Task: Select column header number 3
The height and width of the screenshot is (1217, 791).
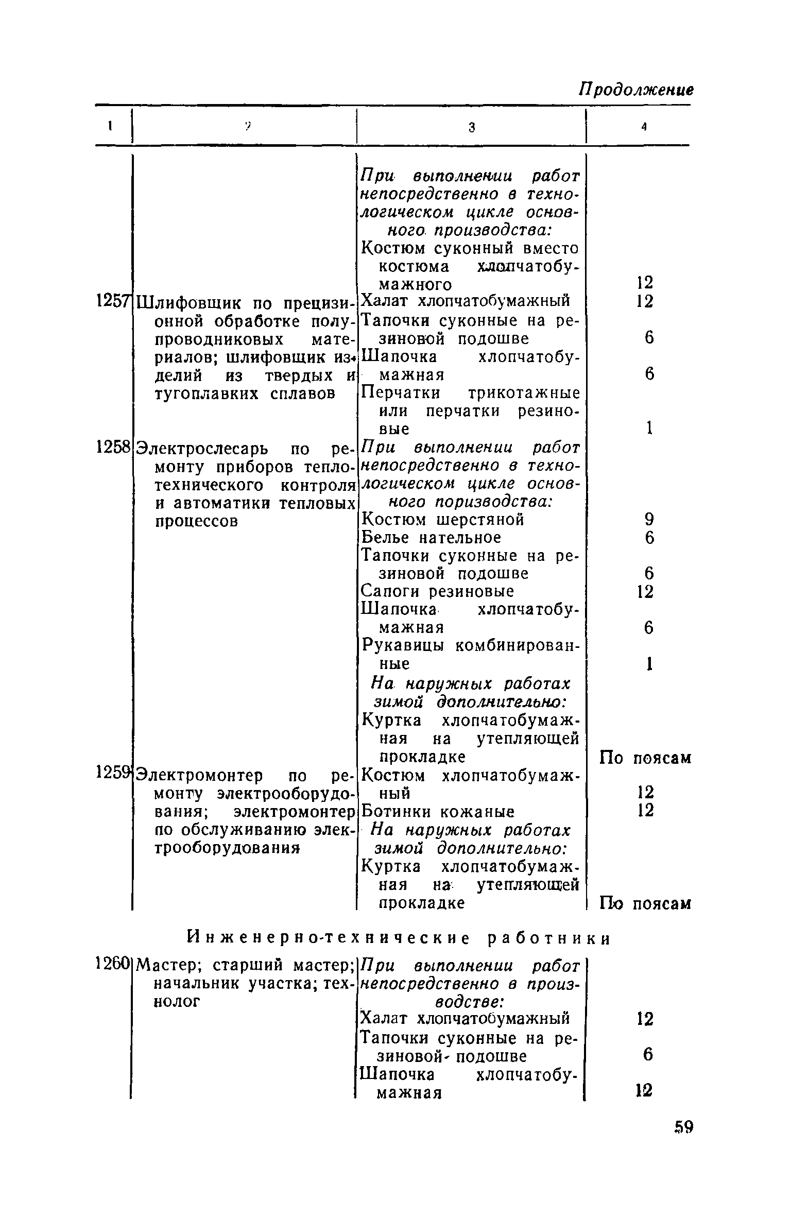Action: point(472,128)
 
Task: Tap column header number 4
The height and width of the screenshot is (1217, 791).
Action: point(644,128)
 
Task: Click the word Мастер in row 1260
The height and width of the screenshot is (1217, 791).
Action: point(171,964)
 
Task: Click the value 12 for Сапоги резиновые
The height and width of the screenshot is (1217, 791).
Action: point(645,591)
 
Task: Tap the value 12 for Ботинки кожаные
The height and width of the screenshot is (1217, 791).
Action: point(645,810)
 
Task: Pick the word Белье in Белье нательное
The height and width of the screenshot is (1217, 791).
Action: point(386,538)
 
